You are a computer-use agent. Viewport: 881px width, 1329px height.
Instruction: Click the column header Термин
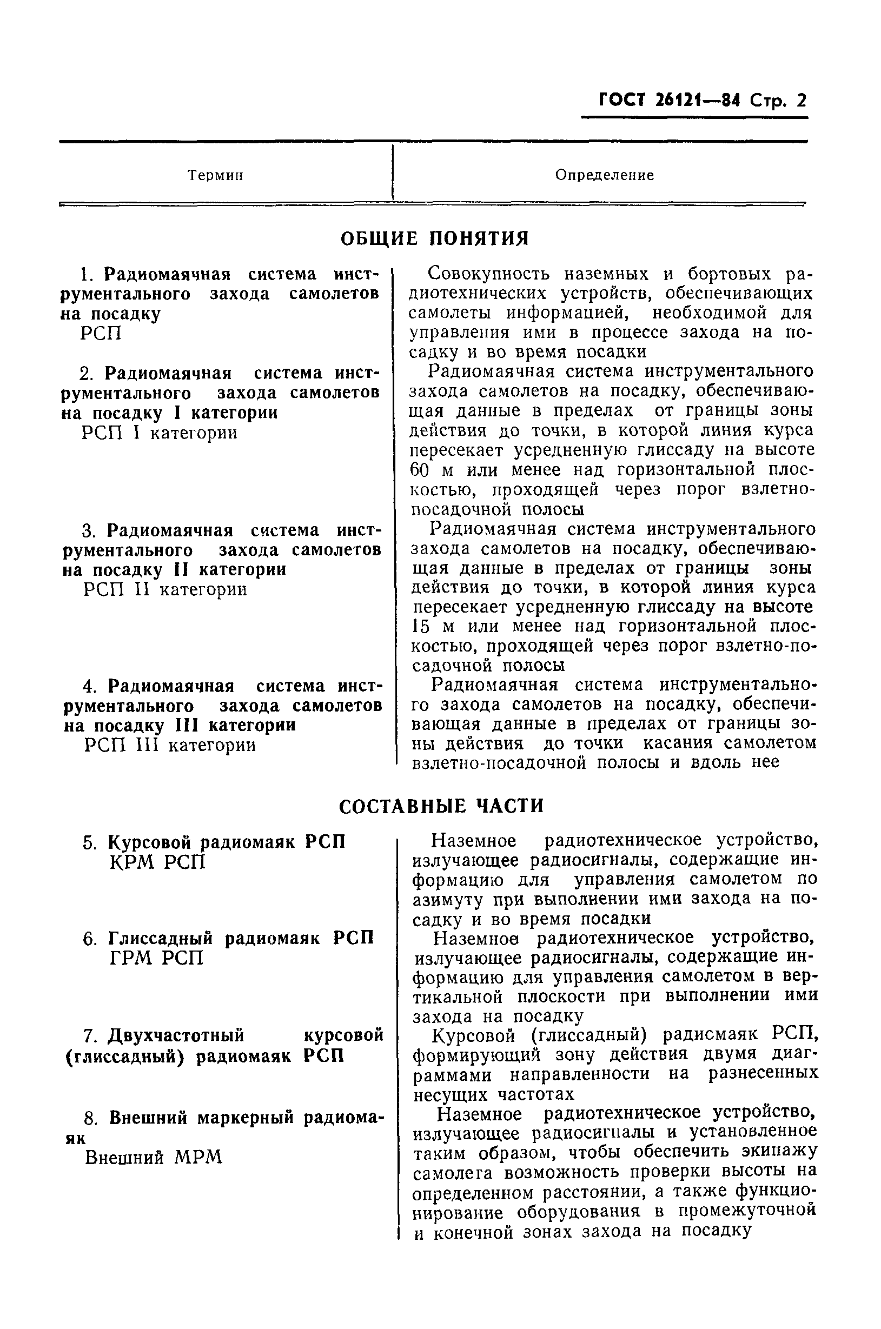pos(215,175)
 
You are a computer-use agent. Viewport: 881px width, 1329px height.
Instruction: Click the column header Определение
pos(605,175)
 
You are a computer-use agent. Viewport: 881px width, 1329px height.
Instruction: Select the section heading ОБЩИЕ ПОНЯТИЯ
pos(435,238)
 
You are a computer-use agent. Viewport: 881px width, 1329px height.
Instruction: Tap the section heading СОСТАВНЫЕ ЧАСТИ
pos(441,806)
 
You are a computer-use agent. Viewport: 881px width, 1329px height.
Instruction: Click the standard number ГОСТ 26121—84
pos(669,101)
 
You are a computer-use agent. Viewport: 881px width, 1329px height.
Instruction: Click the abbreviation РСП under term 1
pos(101,334)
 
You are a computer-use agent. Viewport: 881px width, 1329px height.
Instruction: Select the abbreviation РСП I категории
pos(160,433)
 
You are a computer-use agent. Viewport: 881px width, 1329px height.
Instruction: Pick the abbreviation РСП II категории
pos(164,589)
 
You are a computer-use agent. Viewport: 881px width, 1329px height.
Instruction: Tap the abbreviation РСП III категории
pos(170,746)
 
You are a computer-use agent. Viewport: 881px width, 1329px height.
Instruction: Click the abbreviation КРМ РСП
pos(158,862)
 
